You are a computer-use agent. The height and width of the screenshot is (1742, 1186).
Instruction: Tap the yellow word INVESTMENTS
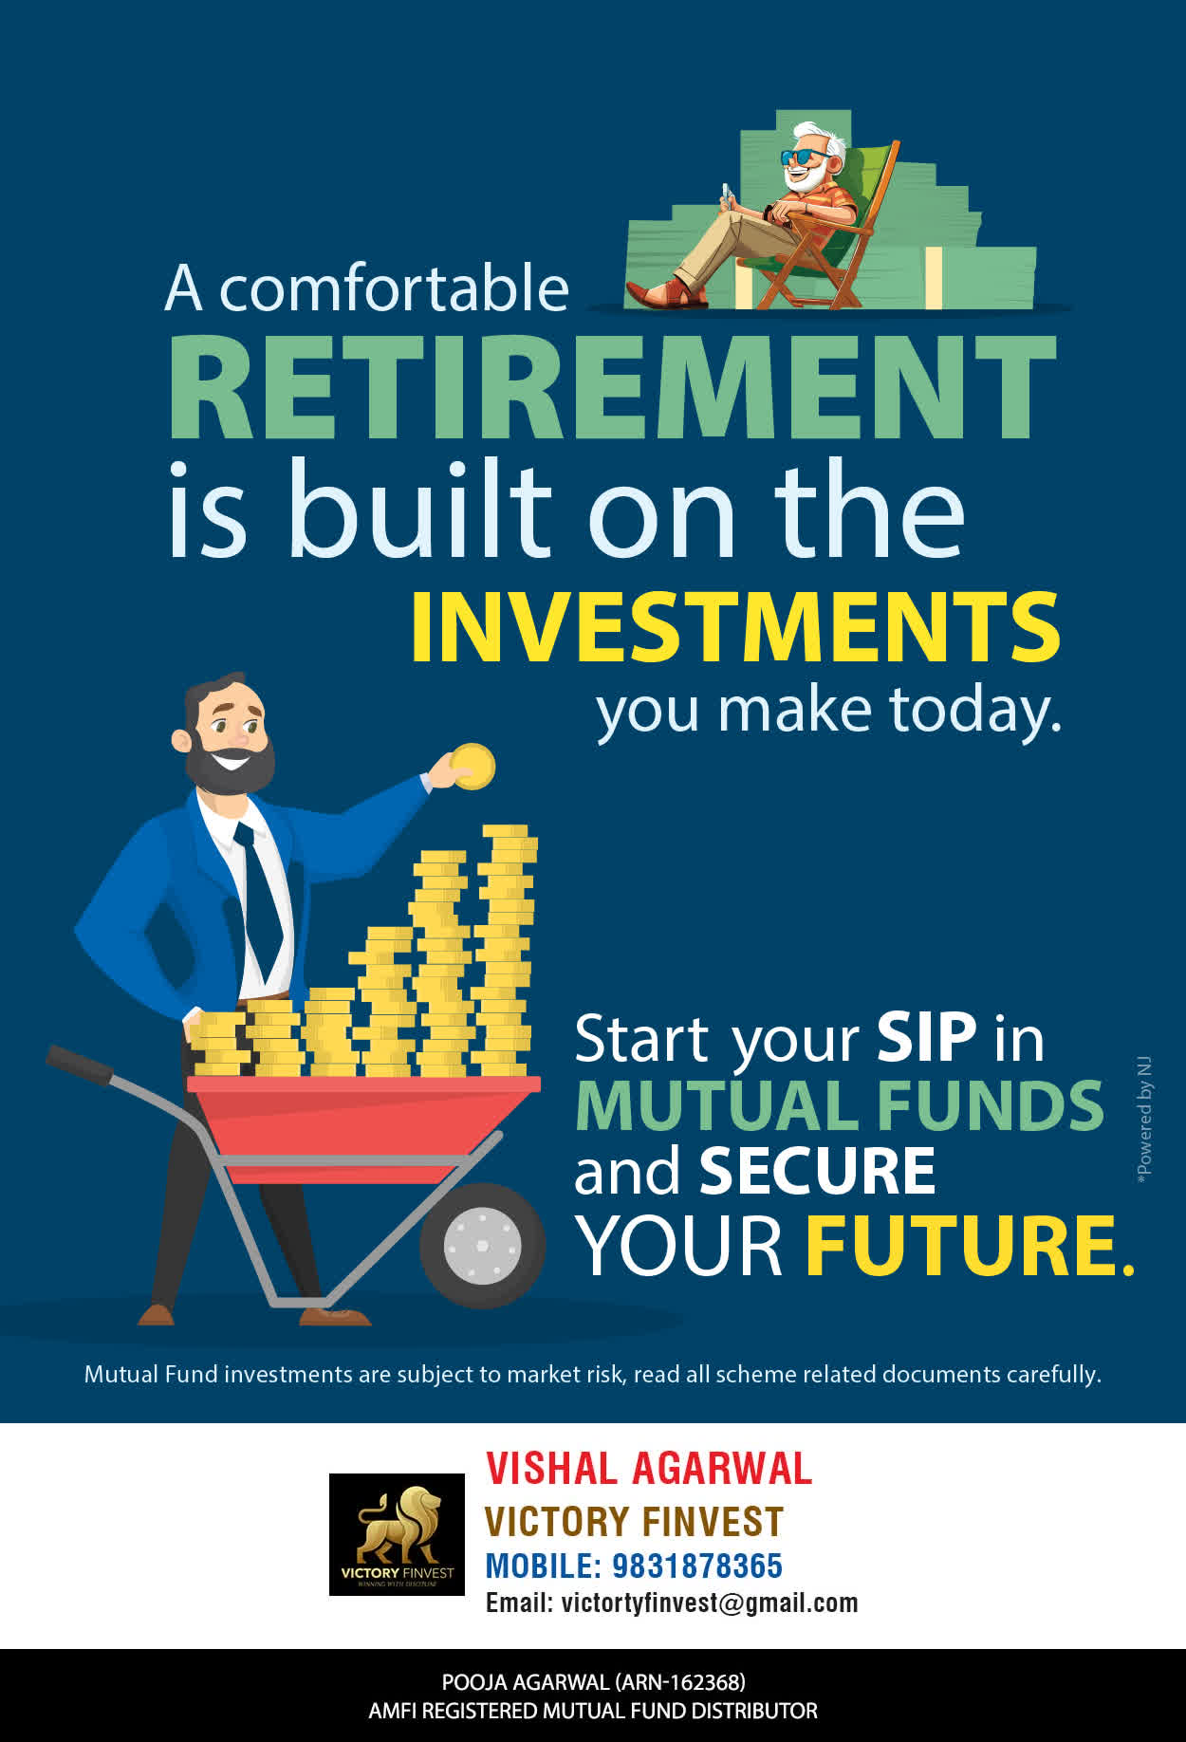pyautogui.click(x=735, y=627)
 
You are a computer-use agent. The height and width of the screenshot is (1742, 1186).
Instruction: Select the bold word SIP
pyautogui.click(x=926, y=1037)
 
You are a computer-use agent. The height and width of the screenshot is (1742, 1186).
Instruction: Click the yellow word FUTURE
pyautogui.click(x=970, y=1245)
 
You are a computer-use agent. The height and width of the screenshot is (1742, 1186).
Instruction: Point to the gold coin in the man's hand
pyautogui.click(x=473, y=767)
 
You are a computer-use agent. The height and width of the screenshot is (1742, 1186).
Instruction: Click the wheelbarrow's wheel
pyautogui.click(x=482, y=1245)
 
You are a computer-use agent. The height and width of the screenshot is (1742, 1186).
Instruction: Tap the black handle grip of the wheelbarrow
pyautogui.click(x=80, y=1063)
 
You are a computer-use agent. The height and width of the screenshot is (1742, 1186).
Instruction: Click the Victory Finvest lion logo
pyautogui.click(x=397, y=1534)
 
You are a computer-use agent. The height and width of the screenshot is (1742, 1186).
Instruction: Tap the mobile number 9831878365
pyautogui.click(x=697, y=1566)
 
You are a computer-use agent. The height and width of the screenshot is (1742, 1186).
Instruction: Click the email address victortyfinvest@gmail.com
pyautogui.click(x=710, y=1603)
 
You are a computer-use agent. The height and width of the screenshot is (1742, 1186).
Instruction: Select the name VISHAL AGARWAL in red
pyautogui.click(x=649, y=1469)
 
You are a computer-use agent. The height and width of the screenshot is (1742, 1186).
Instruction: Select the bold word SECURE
pyautogui.click(x=817, y=1171)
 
